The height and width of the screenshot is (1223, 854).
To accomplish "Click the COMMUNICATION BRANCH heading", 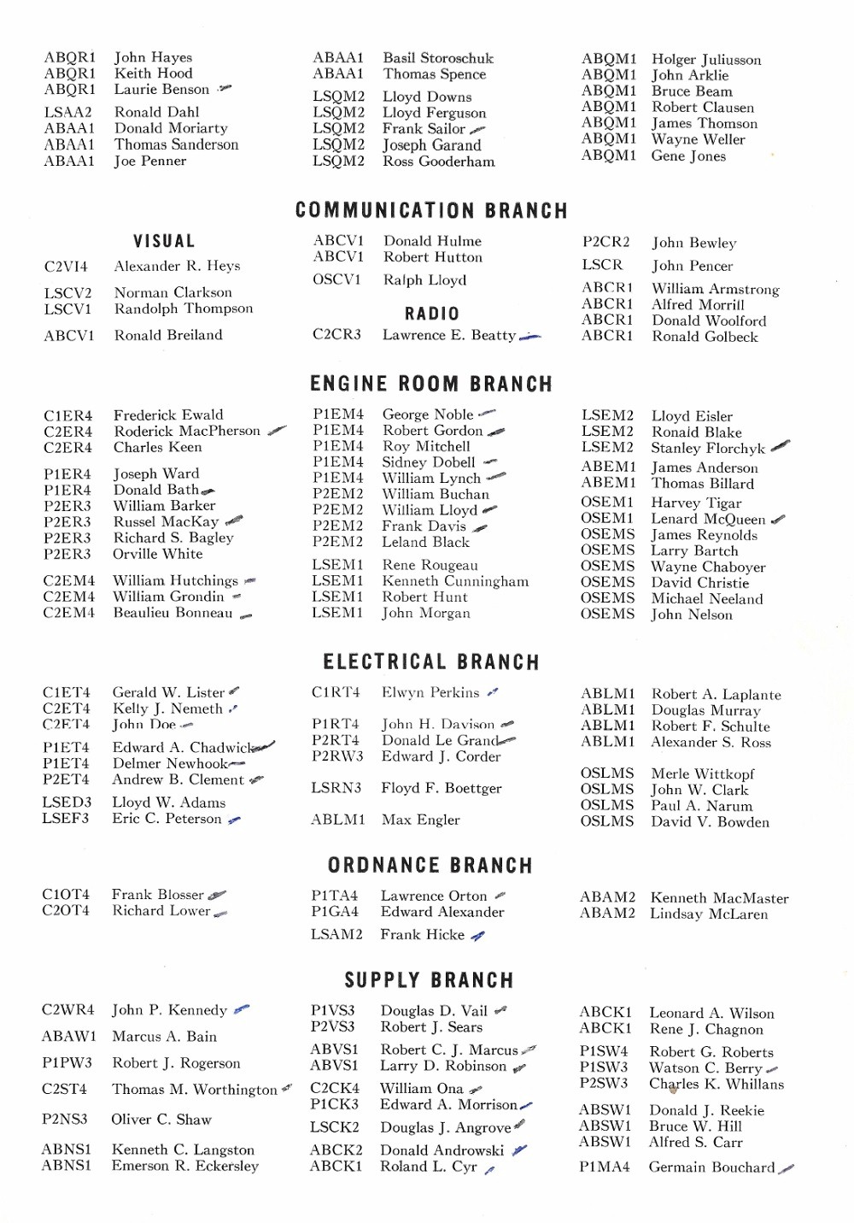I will click(x=431, y=211).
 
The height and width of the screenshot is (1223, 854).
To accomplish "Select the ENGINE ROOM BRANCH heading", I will click(x=431, y=384).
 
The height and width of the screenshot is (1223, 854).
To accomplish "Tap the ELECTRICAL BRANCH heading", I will click(x=431, y=662).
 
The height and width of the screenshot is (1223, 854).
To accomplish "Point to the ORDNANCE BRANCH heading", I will click(x=430, y=866).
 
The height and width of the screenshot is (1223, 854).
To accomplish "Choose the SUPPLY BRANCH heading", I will click(x=430, y=980).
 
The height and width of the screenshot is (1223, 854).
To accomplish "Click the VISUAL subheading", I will click(x=164, y=242).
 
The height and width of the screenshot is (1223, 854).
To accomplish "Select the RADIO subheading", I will click(x=432, y=314).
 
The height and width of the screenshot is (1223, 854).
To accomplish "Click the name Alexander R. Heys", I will click(x=177, y=266).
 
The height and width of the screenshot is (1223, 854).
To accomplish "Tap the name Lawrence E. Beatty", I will click(x=449, y=335).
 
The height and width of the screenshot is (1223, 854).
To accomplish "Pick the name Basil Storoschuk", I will click(x=438, y=58).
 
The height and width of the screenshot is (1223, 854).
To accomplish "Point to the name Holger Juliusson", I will click(x=706, y=60).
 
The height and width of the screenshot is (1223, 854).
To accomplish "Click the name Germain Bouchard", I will click(x=711, y=1167).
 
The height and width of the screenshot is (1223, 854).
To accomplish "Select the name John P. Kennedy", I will click(x=169, y=1010).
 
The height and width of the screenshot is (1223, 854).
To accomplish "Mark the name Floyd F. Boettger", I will click(x=441, y=788).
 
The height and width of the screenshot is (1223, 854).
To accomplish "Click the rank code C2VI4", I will click(x=66, y=267).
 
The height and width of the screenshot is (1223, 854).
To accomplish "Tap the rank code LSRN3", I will click(x=336, y=788).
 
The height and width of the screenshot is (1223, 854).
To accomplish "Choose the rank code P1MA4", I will click(x=604, y=1167).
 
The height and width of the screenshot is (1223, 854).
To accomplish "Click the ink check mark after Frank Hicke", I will click(x=478, y=936).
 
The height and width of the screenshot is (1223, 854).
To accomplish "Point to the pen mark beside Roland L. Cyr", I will click(x=489, y=1170).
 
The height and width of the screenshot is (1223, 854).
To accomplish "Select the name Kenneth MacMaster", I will click(x=719, y=898).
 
